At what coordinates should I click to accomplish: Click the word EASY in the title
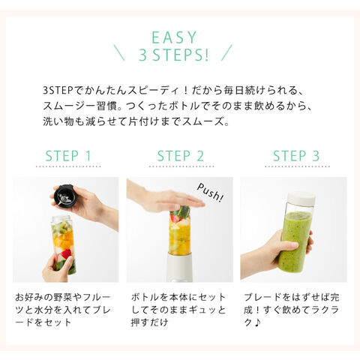(x=174, y=37)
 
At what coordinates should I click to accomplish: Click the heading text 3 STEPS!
(x=174, y=55)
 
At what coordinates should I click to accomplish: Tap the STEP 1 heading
(x=68, y=156)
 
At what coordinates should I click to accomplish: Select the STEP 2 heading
(x=180, y=156)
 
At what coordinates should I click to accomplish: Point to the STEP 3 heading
(x=296, y=156)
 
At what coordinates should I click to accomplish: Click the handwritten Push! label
(x=210, y=193)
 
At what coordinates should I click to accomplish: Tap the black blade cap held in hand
(x=64, y=196)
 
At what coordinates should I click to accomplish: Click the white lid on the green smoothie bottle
(x=301, y=199)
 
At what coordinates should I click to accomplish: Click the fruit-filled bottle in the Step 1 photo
(x=64, y=245)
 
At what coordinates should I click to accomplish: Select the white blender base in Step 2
(x=179, y=268)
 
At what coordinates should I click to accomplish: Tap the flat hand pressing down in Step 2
(x=166, y=197)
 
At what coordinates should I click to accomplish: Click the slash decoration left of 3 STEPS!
(x=119, y=52)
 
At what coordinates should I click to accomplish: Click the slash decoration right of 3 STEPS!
(x=226, y=52)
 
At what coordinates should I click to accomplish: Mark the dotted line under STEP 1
(x=68, y=166)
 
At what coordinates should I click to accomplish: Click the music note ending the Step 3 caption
(x=258, y=322)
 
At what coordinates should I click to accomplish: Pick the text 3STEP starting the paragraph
(x=58, y=91)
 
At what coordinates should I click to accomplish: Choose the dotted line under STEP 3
(x=298, y=166)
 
